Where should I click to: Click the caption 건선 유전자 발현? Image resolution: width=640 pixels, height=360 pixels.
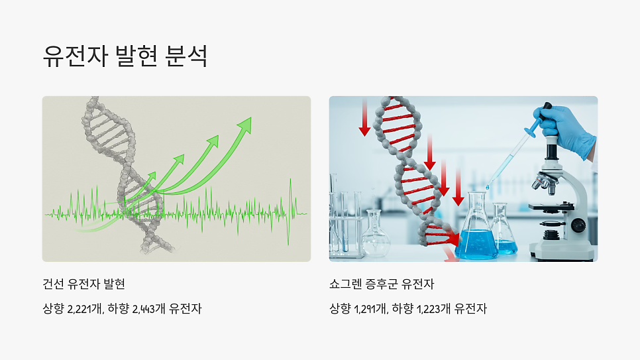pyautogui.click(x=84, y=284)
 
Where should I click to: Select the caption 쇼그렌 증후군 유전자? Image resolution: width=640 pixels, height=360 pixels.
pyautogui.click(x=382, y=284)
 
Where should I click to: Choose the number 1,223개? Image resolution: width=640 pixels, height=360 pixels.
pyautogui.click(x=434, y=308)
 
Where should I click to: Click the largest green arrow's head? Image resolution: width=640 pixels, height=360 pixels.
pyautogui.click(x=246, y=124)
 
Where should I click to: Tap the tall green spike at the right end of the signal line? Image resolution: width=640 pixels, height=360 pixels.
pyautogui.click(x=290, y=199)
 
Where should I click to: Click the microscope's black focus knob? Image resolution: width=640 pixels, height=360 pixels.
pyautogui.click(x=578, y=226)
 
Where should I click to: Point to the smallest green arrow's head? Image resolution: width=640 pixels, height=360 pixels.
pyautogui.click(x=153, y=176)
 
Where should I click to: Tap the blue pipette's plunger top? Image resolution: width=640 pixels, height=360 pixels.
pyautogui.click(x=547, y=106)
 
